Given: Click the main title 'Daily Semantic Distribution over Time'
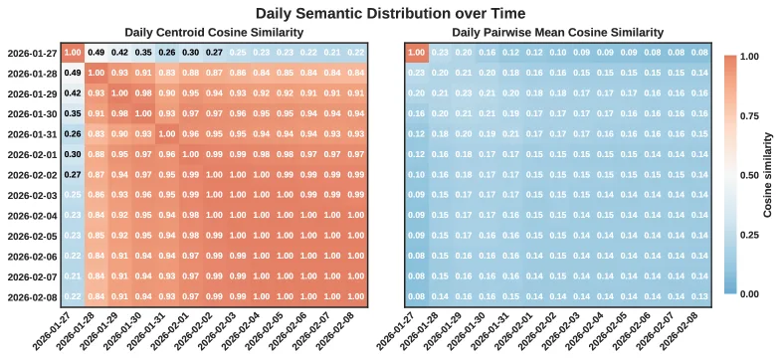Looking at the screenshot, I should pos(390,13).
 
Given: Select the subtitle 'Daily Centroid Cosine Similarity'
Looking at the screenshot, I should pos(214,32).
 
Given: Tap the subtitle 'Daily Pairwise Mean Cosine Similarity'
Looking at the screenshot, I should pos(558,32).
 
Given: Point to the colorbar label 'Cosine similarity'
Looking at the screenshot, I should pos(767,174).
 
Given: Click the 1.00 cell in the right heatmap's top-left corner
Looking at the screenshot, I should pos(418,52).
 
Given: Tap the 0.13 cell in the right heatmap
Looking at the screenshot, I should pos(701,296).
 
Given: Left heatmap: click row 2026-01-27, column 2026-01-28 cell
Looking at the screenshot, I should pos(97,52).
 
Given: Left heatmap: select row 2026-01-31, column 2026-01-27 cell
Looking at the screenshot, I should pos(73,133).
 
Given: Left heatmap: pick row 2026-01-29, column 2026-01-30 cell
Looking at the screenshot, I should pos(144,92).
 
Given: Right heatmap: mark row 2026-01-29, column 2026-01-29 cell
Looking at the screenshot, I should pos(466,92).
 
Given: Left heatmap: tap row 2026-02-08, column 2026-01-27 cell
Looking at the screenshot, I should pos(73,296).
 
